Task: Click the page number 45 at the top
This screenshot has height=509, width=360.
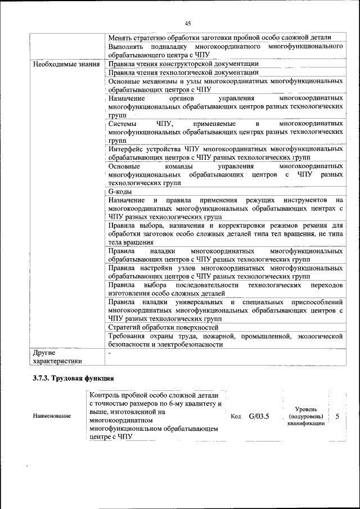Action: (x=188, y=23)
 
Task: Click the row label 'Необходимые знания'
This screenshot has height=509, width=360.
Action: (x=67, y=64)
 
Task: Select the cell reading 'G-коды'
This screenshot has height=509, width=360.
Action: (x=120, y=192)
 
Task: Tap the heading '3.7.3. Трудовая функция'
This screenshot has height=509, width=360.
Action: (x=73, y=378)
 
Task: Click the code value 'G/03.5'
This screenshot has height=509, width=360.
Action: (x=259, y=416)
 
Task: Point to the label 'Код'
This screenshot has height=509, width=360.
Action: (x=236, y=417)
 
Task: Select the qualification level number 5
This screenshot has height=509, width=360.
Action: (x=337, y=416)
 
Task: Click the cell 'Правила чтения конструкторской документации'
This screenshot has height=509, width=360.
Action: (x=183, y=64)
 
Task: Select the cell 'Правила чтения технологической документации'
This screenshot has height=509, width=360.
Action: (x=183, y=73)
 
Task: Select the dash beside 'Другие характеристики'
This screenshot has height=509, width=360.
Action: (x=110, y=352)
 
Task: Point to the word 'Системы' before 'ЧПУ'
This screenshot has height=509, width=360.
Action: (x=122, y=123)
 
